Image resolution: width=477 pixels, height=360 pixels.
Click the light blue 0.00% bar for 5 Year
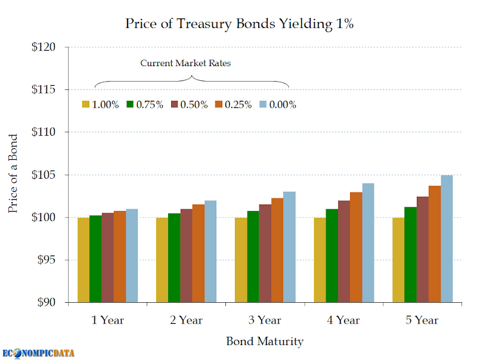[x=447, y=238]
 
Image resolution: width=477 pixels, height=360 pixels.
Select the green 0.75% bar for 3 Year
[x=253, y=256]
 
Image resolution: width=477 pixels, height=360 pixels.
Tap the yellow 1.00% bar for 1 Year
[x=83, y=260]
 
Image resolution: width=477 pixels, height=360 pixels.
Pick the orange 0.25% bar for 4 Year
[x=356, y=247]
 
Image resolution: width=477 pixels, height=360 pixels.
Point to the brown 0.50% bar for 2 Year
[x=186, y=255]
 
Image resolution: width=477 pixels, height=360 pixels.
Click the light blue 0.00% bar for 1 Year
[x=132, y=255]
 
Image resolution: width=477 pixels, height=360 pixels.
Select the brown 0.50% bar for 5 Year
[x=422, y=249]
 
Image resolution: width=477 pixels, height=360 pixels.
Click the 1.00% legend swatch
[x=86, y=104]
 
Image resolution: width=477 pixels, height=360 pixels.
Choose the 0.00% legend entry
[x=277, y=104]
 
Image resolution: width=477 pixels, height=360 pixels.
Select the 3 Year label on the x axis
[x=265, y=320]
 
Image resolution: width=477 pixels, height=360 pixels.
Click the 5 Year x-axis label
[x=422, y=320]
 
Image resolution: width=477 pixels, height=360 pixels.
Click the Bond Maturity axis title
[x=265, y=342]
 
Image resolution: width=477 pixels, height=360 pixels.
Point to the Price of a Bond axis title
[x=13, y=174]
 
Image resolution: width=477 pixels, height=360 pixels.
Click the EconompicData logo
[x=38, y=352]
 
